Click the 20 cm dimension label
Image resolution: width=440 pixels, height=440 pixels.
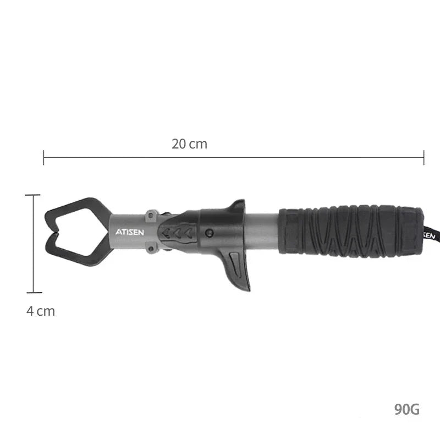pos(189,144)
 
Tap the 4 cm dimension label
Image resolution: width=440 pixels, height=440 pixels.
pos(41,311)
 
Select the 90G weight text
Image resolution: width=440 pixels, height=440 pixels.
pos(407,409)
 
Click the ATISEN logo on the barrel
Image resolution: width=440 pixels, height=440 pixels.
pos(130,232)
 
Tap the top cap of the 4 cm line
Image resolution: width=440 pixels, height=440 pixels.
pos(33,195)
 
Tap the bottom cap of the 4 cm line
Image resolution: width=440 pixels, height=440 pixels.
pos(33,293)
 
